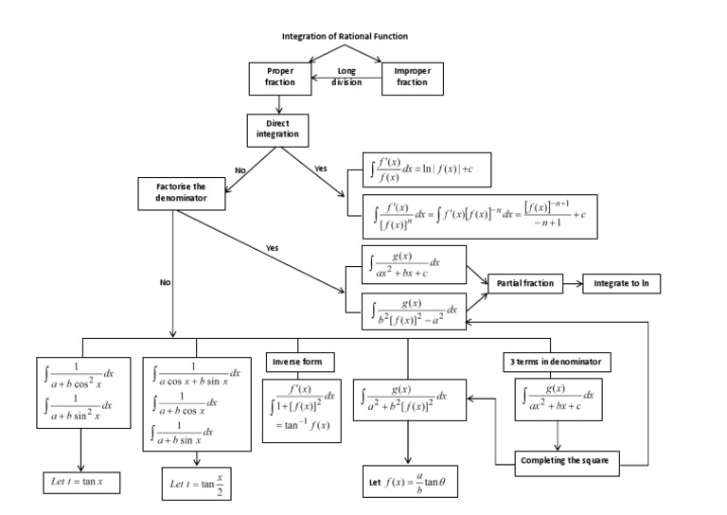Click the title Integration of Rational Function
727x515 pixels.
[x=345, y=37]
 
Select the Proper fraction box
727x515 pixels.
[x=279, y=77]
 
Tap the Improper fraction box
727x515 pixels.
[x=411, y=77]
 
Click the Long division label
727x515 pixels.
[x=346, y=76]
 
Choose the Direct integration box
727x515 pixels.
[x=277, y=130]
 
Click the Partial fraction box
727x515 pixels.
[x=523, y=283]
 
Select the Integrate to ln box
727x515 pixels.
[x=621, y=283]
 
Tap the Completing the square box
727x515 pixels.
[x=564, y=461]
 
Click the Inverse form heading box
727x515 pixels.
[x=297, y=362]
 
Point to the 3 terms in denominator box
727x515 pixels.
[x=555, y=362]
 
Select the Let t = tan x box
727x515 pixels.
[x=78, y=482]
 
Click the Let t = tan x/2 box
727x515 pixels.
[x=196, y=484]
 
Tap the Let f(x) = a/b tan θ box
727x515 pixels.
[x=407, y=482]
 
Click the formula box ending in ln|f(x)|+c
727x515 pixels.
[x=428, y=171]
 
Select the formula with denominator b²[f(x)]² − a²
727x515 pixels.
[x=415, y=310]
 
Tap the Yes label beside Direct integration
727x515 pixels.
[x=320, y=169]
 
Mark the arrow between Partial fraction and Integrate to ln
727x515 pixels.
[x=570, y=283]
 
